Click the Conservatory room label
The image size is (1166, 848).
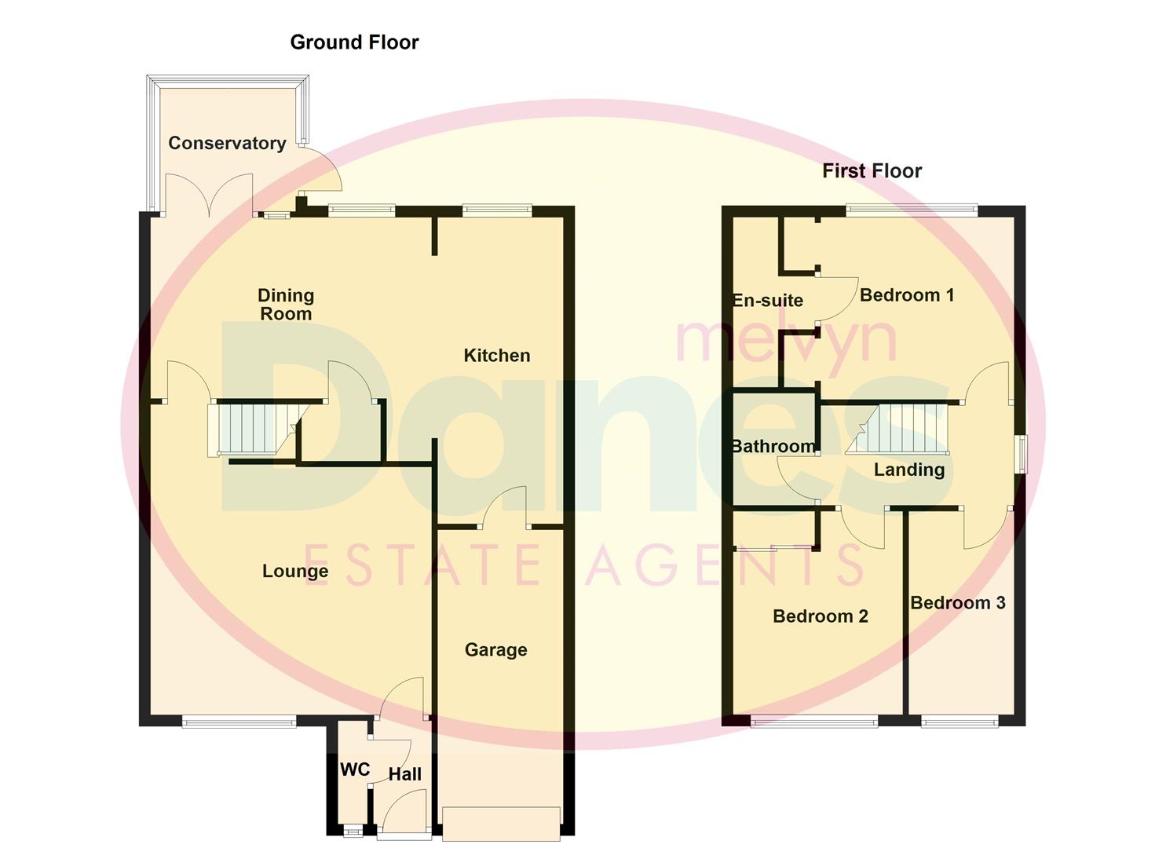tap(227, 143)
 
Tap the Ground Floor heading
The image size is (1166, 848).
tap(354, 42)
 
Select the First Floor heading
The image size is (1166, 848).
tap(872, 170)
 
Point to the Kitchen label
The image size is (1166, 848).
tap(496, 356)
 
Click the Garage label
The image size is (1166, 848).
tap(495, 649)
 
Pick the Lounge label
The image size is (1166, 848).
tap(295, 571)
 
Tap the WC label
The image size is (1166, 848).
tap(355, 769)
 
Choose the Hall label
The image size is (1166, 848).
tap(405, 774)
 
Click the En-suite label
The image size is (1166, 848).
tap(768, 300)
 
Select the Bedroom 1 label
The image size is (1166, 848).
tap(907, 295)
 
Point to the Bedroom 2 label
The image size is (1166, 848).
tap(821, 616)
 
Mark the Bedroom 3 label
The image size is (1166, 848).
tap(957, 603)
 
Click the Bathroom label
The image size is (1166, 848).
tap(773, 447)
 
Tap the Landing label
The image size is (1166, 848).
tap(909, 470)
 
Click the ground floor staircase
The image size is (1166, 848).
tap(250, 429)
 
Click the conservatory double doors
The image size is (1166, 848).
tap(209, 196)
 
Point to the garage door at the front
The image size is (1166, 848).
tap(501, 824)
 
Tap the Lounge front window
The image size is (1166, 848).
tap(239, 721)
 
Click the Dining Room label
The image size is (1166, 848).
tap(286, 305)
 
